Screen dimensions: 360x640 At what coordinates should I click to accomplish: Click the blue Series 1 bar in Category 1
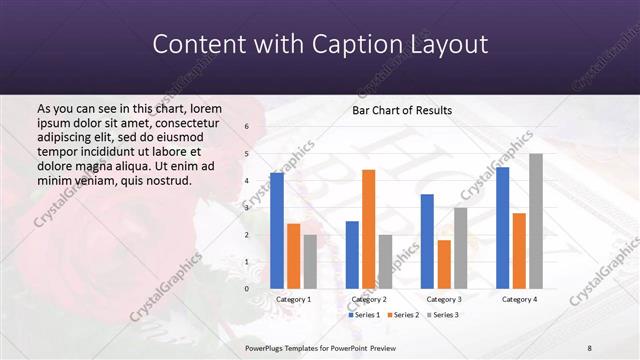277,230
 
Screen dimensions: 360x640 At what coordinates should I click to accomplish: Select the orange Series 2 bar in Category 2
368,229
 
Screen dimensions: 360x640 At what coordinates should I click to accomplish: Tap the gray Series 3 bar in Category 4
536,221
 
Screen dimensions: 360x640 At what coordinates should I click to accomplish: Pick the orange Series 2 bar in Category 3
444,264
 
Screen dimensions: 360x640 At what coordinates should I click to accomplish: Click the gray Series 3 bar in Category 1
310,261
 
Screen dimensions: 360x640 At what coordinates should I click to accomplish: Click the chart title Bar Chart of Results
402,110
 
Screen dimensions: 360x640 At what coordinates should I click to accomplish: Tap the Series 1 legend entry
363,315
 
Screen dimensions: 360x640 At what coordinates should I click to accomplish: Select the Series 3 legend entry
444,315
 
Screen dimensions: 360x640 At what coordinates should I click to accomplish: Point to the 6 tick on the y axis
246,127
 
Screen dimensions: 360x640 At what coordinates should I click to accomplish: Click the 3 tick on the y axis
246,208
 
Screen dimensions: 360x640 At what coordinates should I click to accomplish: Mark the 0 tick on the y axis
246,289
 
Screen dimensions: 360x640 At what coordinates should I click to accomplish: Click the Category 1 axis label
293,299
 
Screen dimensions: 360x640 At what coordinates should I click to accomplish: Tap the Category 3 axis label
443,299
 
